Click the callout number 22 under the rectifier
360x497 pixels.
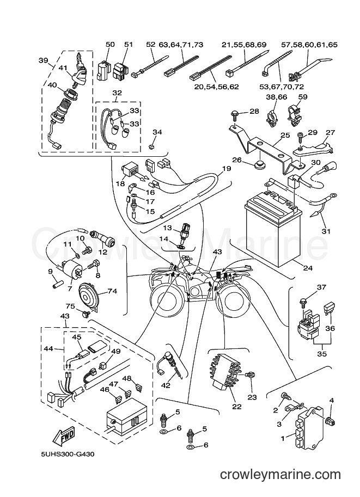(237, 407)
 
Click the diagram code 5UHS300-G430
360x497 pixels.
(68, 454)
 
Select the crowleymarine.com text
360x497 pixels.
(280, 475)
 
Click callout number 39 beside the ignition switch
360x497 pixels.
(43, 60)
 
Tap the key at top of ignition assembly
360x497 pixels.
(81, 60)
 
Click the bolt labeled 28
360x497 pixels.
(234, 114)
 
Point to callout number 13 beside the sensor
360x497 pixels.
(167, 228)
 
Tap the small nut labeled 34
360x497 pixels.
(151, 147)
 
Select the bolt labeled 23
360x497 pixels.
(249, 375)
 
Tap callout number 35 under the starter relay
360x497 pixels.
(322, 353)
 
